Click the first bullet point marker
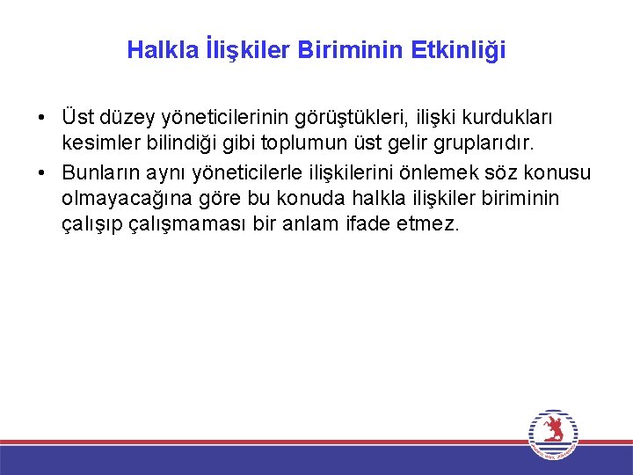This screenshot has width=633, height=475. pyautogui.click(x=41, y=117)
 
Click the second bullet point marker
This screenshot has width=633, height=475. pyautogui.click(x=41, y=172)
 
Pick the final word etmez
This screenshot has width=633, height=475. pyautogui.click(x=428, y=225)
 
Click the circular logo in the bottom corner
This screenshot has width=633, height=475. pyautogui.click(x=553, y=433)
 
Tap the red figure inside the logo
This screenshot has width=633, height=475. pyautogui.click(x=553, y=430)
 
